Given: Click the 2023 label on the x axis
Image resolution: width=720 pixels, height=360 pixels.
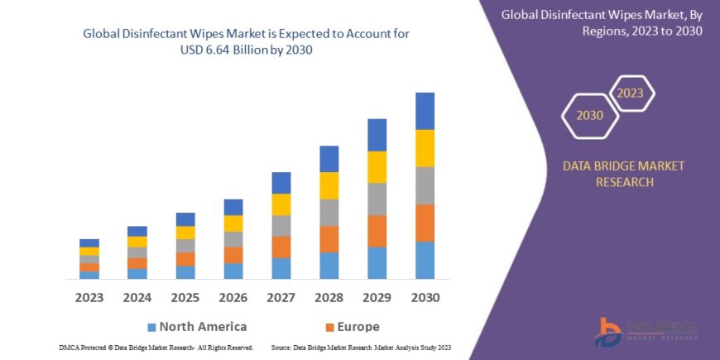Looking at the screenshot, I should click(x=89, y=296).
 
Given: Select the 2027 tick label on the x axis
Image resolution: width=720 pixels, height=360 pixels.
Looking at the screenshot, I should click(x=281, y=296).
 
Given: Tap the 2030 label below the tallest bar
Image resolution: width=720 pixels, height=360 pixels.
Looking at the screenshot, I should click(x=424, y=296).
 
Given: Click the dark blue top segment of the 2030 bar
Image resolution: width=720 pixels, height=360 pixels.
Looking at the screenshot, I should click(x=425, y=111).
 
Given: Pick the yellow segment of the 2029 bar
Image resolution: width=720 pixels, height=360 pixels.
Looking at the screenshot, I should click(x=377, y=167).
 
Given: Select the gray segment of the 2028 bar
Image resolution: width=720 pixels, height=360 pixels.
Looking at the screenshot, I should click(x=329, y=213).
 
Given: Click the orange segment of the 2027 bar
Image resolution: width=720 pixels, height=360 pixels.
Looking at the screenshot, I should click(x=281, y=247).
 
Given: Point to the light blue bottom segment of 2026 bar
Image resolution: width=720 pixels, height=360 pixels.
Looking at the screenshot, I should click(x=233, y=271).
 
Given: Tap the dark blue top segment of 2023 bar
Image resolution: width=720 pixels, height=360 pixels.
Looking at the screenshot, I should click(x=89, y=243).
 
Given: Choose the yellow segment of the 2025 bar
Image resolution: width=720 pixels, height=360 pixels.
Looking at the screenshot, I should click(x=185, y=233).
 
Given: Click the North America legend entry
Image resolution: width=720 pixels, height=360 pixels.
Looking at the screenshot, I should click(x=196, y=326).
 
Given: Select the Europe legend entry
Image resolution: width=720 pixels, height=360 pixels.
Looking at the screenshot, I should click(x=350, y=326).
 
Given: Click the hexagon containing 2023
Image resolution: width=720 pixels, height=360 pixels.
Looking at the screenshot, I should click(x=630, y=93).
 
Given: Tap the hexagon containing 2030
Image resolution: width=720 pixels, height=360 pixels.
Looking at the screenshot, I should click(x=590, y=115).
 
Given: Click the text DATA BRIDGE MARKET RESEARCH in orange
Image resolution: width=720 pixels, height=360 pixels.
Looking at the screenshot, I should click(x=623, y=174).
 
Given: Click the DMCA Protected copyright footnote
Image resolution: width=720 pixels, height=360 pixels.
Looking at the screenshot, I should click(x=156, y=348).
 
